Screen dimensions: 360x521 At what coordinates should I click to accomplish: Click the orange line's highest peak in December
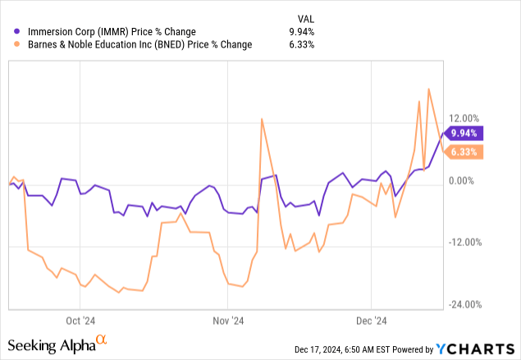click(x=429, y=89)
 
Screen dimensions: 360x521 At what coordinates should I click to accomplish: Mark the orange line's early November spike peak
click(x=262, y=119)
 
